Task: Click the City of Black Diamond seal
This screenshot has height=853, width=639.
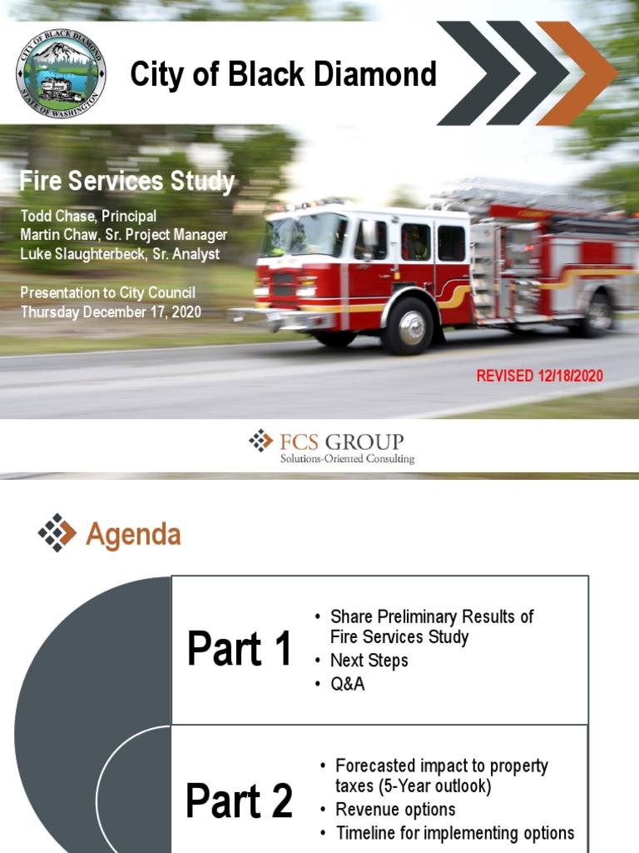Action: [61, 73]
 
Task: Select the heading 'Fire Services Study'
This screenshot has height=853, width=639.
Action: [127, 182]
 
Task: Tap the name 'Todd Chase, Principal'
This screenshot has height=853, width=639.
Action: [88, 217]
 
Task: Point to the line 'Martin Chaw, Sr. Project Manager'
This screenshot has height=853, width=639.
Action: [123, 235]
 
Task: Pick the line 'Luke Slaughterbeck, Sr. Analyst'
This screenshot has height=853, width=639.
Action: [120, 254]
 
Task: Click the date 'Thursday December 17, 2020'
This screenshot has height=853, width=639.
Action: [111, 312]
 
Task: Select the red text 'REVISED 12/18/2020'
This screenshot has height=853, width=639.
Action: [539, 376]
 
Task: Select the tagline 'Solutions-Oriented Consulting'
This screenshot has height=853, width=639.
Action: [347, 459]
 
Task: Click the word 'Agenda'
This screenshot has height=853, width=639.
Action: [133, 535]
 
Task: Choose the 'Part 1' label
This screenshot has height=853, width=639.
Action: [240, 650]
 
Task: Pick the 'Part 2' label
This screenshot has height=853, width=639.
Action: [240, 801]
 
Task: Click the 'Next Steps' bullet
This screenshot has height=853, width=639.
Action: [369, 661]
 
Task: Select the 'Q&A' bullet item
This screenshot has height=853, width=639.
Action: [348, 684]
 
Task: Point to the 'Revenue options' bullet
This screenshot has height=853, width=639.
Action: [395, 810]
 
